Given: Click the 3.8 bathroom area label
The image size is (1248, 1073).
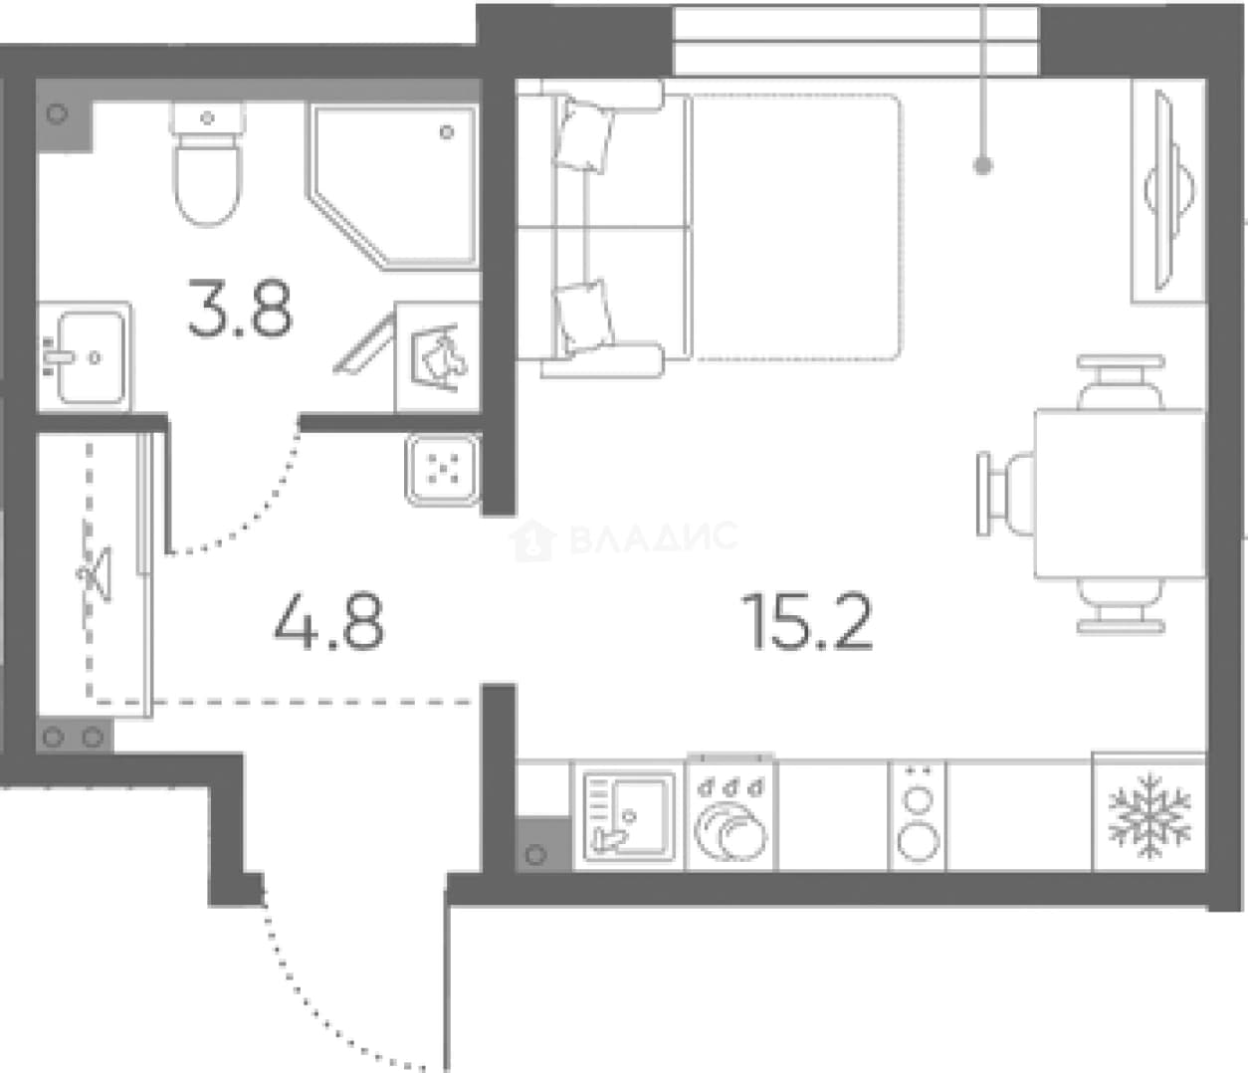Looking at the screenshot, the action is pyautogui.click(x=240, y=308).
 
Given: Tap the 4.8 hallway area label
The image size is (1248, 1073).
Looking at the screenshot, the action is pyautogui.click(x=329, y=621).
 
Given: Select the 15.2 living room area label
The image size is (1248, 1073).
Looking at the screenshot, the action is pyautogui.click(x=807, y=621).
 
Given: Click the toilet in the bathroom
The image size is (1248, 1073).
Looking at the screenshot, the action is pyautogui.click(x=208, y=163).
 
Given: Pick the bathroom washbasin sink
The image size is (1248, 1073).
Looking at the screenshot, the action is pyautogui.click(x=85, y=357).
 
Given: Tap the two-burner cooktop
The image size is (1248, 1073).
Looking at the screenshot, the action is pyautogui.click(x=918, y=816).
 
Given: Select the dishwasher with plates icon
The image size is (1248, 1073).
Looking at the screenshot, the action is pyautogui.click(x=731, y=814).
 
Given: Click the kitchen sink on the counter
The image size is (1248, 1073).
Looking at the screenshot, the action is pyautogui.click(x=629, y=816).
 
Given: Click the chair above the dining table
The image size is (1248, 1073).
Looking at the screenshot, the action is pyautogui.click(x=1121, y=382).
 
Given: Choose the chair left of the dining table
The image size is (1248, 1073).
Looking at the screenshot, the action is pyautogui.click(x=1006, y=494).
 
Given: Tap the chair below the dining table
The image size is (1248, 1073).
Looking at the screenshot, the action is pyautogui.click(x=1121, y=605).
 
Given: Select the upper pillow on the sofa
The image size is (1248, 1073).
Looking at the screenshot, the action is pyautogui.click(x=583, y=135).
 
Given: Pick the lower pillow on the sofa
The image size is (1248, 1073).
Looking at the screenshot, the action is pyautogui.click(x=584, y=317).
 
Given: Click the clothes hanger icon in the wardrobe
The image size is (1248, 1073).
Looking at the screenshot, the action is pyautogui.click(x=96, y=573).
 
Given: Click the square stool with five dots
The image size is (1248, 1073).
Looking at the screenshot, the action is pyautogui.click(x=443, y=470).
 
